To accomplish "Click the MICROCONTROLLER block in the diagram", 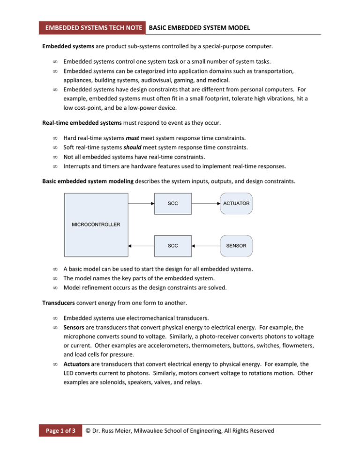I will [x=95, y=224].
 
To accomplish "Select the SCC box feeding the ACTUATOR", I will [x=172, y=203].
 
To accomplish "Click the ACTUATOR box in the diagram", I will [x=237, y=203].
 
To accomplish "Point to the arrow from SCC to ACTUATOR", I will [x=206, y=203].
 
